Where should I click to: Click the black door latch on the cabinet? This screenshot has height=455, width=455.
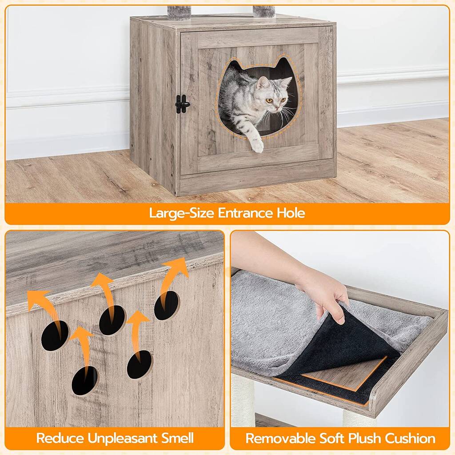(182, 104)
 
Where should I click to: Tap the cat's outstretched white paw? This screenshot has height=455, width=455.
(257, 144)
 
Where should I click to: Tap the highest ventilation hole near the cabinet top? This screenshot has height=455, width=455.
(167, 306)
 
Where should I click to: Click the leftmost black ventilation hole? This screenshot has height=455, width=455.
(55, 335)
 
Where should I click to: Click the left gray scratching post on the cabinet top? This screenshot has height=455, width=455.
(179, 12)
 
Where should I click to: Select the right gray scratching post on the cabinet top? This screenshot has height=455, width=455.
(264, 11)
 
